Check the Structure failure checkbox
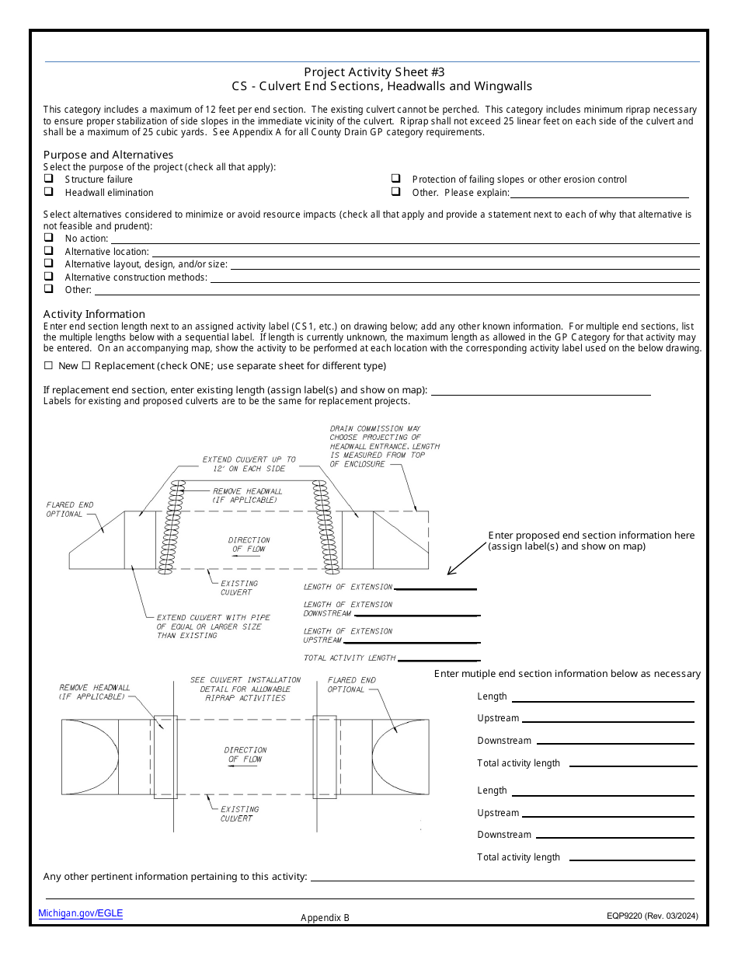click(x=49, y=179)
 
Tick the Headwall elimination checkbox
click(x=49, y=191)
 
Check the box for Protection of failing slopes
click(x=396, y=179)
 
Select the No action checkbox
click(x=49, y=238)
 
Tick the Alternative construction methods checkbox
click(x=49, y=276)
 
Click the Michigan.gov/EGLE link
click(x=81, y=913)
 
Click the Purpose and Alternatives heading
click(x=108, y=155)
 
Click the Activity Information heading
click(x=94, y=314)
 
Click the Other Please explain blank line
click(x=599, y=193)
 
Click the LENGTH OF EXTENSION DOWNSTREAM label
click(x=348, y=609)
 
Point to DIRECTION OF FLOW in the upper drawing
click(x=249, y=544)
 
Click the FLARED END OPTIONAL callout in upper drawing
click(x=70, y=509)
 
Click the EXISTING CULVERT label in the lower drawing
click(x=238, y=813)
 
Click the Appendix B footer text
click(x=325, y=917)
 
